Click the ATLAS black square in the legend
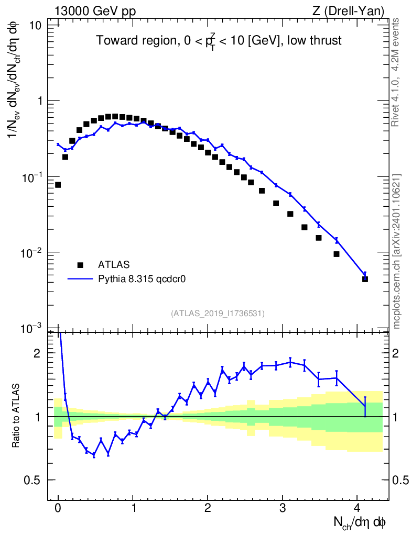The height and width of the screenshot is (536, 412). coord(80,264)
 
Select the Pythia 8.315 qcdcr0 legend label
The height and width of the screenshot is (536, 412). coord(143,280)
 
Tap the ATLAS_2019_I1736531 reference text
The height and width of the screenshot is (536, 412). coord(218,314)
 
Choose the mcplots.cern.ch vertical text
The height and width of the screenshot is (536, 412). coord(397,251)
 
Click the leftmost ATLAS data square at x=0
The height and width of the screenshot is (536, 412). coord(58,185)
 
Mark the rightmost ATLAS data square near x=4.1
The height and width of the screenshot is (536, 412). coord(365,279)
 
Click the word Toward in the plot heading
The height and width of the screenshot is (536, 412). coord(112,40)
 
